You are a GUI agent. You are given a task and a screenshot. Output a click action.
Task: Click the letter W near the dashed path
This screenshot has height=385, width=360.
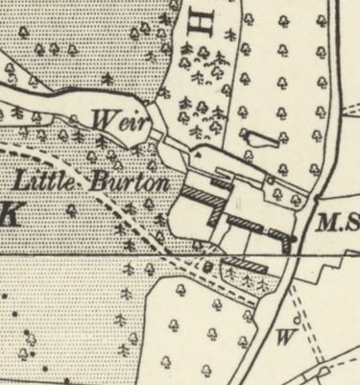(x=284, y=337)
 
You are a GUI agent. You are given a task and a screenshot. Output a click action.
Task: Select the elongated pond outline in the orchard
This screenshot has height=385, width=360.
(x=258, y=137)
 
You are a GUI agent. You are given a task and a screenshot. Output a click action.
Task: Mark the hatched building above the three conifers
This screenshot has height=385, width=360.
(x=247, y=262)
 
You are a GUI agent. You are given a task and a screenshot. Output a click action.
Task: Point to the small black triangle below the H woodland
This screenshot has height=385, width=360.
(x=197, y=151)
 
